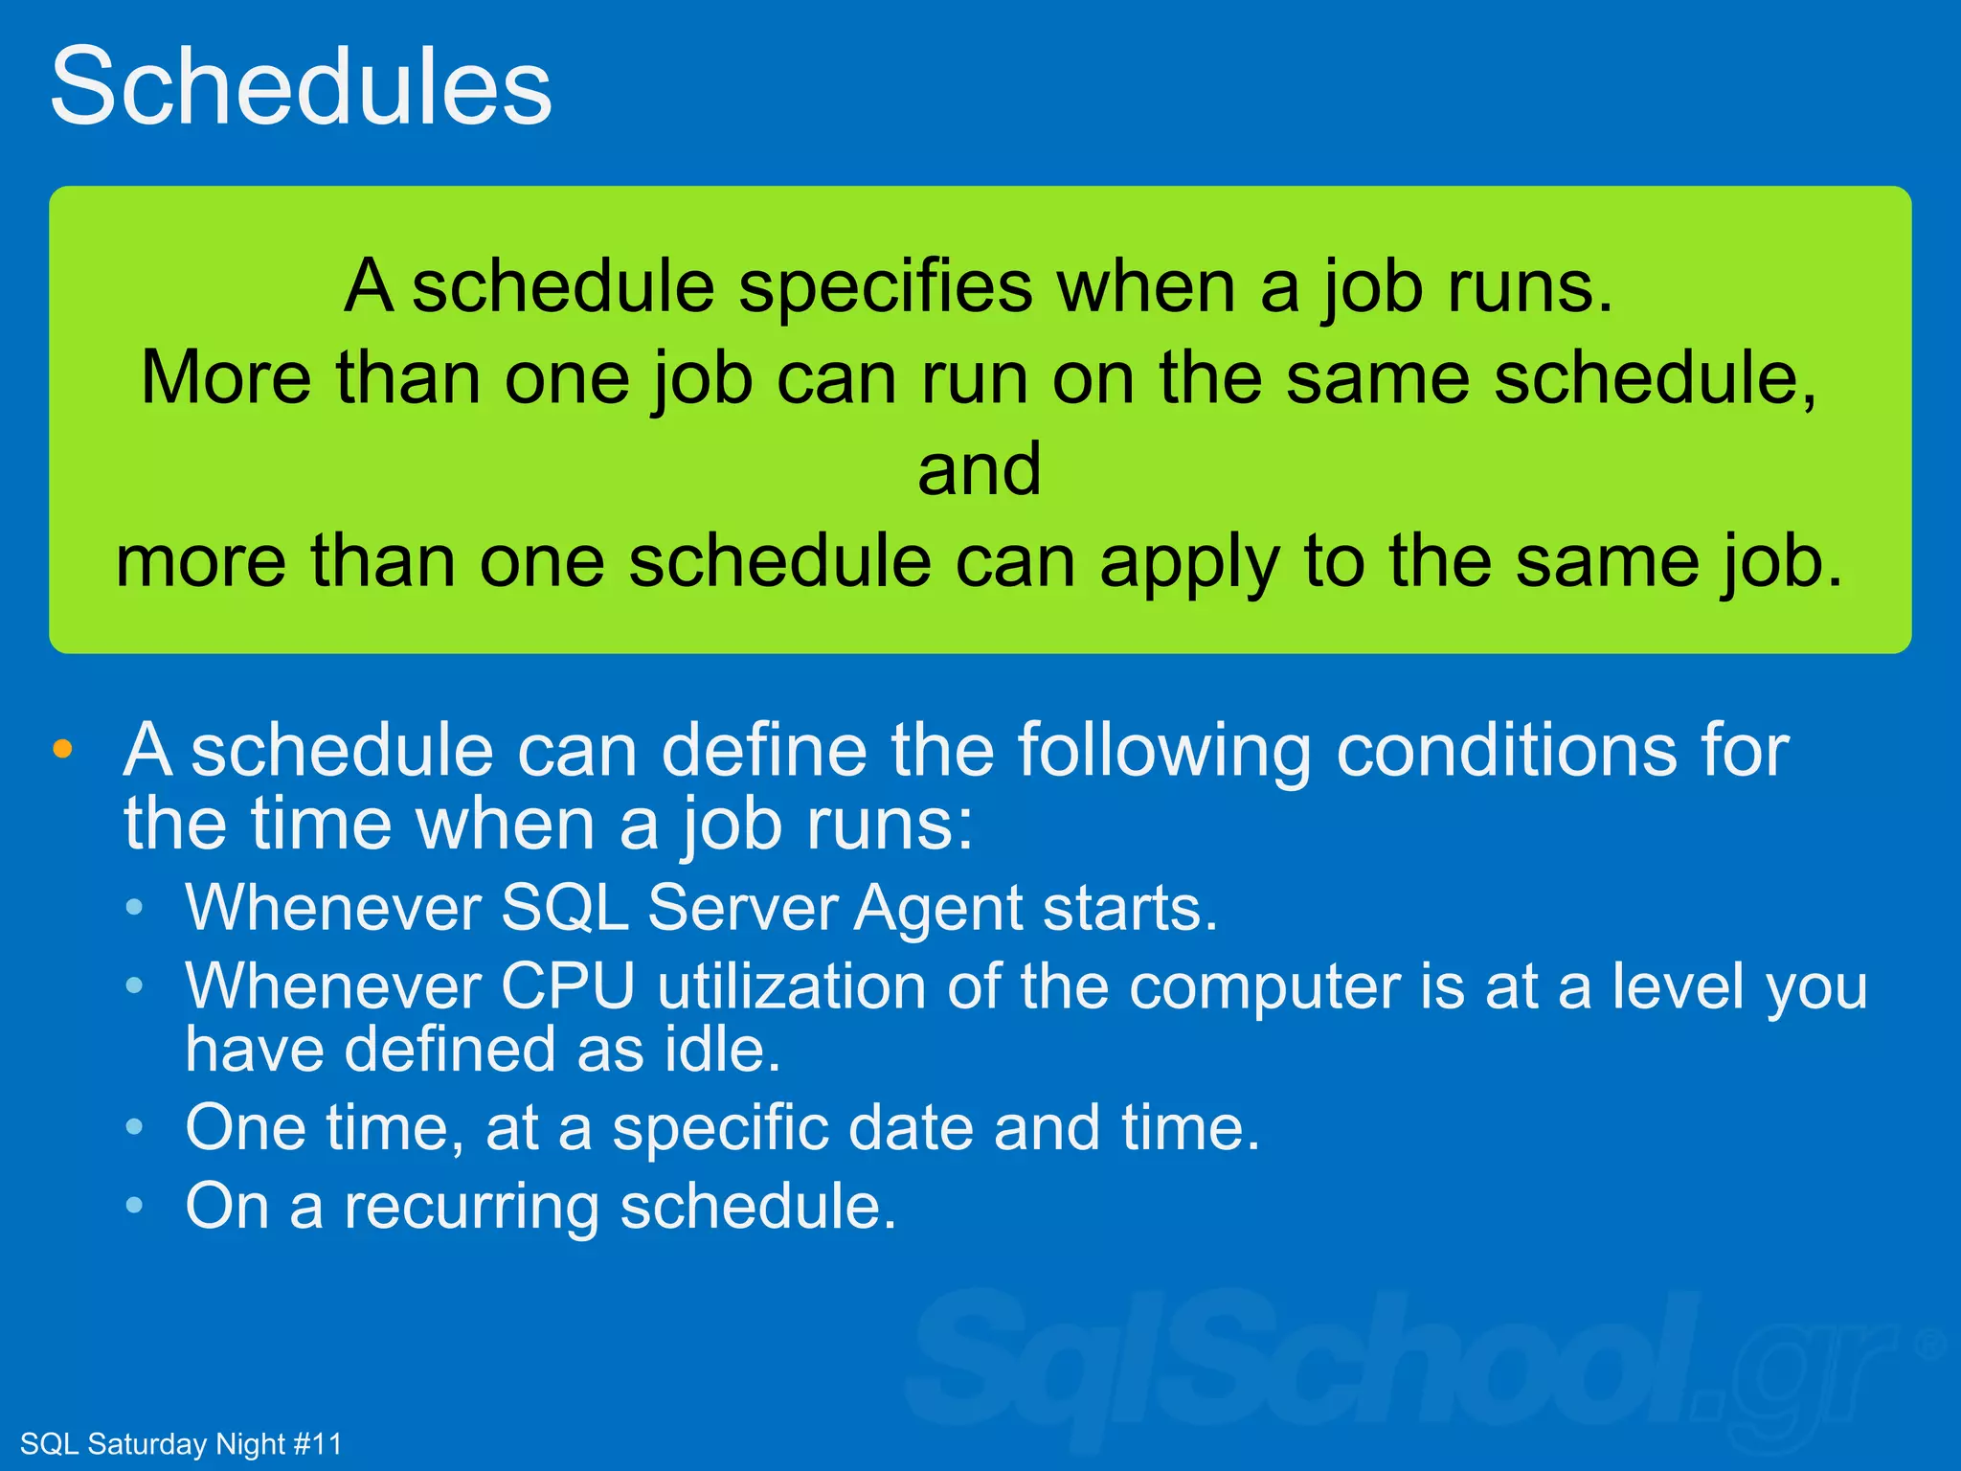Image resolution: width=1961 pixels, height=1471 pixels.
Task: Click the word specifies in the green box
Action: click(886, 287)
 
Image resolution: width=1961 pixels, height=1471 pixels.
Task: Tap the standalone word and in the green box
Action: click(979, 469)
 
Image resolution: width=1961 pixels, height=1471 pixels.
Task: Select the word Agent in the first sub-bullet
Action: click(938, 907)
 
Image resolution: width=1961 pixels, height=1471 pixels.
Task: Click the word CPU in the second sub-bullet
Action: click(569, 985)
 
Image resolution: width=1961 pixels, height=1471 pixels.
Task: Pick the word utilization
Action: click(791, 985)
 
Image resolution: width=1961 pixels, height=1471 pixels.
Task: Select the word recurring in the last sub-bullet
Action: click(471, 1207)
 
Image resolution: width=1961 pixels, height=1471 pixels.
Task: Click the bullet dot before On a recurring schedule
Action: click(135, 1207)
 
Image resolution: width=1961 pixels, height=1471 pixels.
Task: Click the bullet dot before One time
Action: click(135, 1128)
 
